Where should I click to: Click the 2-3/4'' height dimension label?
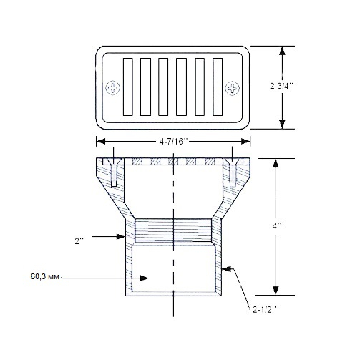pos(281,86)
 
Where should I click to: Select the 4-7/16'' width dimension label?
pos(174,142)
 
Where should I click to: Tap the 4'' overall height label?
pos(277,225)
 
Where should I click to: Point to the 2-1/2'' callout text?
pos(264,310)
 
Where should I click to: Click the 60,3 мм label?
pos(45,277)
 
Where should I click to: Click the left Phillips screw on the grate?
pos(112,88)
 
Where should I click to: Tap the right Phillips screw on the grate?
pos(233,88)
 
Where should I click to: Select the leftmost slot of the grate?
pos(128,87)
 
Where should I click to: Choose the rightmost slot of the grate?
pos(218,87)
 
